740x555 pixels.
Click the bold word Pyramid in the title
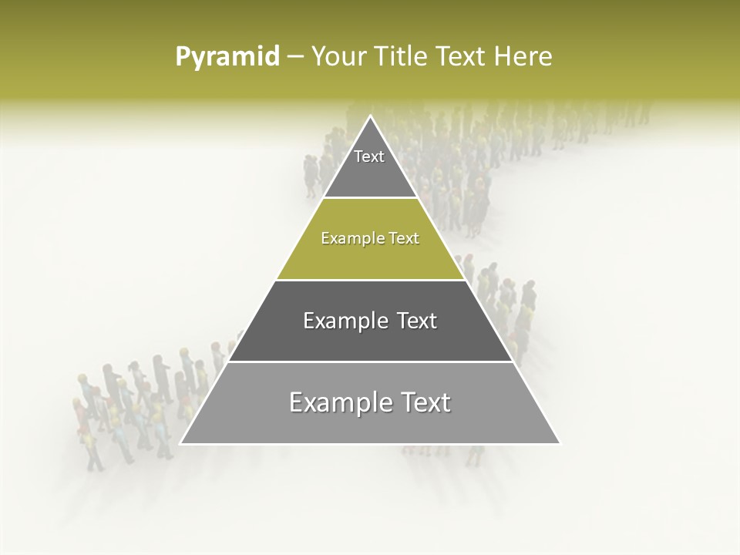point(227,57)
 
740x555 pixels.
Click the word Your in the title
point(338,56)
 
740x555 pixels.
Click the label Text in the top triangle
point(369,157)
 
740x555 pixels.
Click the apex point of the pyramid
point(371,116)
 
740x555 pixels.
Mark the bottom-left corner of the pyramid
point(181,443)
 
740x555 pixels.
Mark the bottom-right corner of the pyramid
point(560,443)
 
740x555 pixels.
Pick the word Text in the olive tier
point(405,239)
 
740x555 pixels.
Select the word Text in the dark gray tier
point(417,321)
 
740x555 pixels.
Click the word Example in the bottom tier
point(335,402)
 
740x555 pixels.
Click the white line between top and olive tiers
point(371,198)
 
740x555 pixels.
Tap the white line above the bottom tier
point(371,362)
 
